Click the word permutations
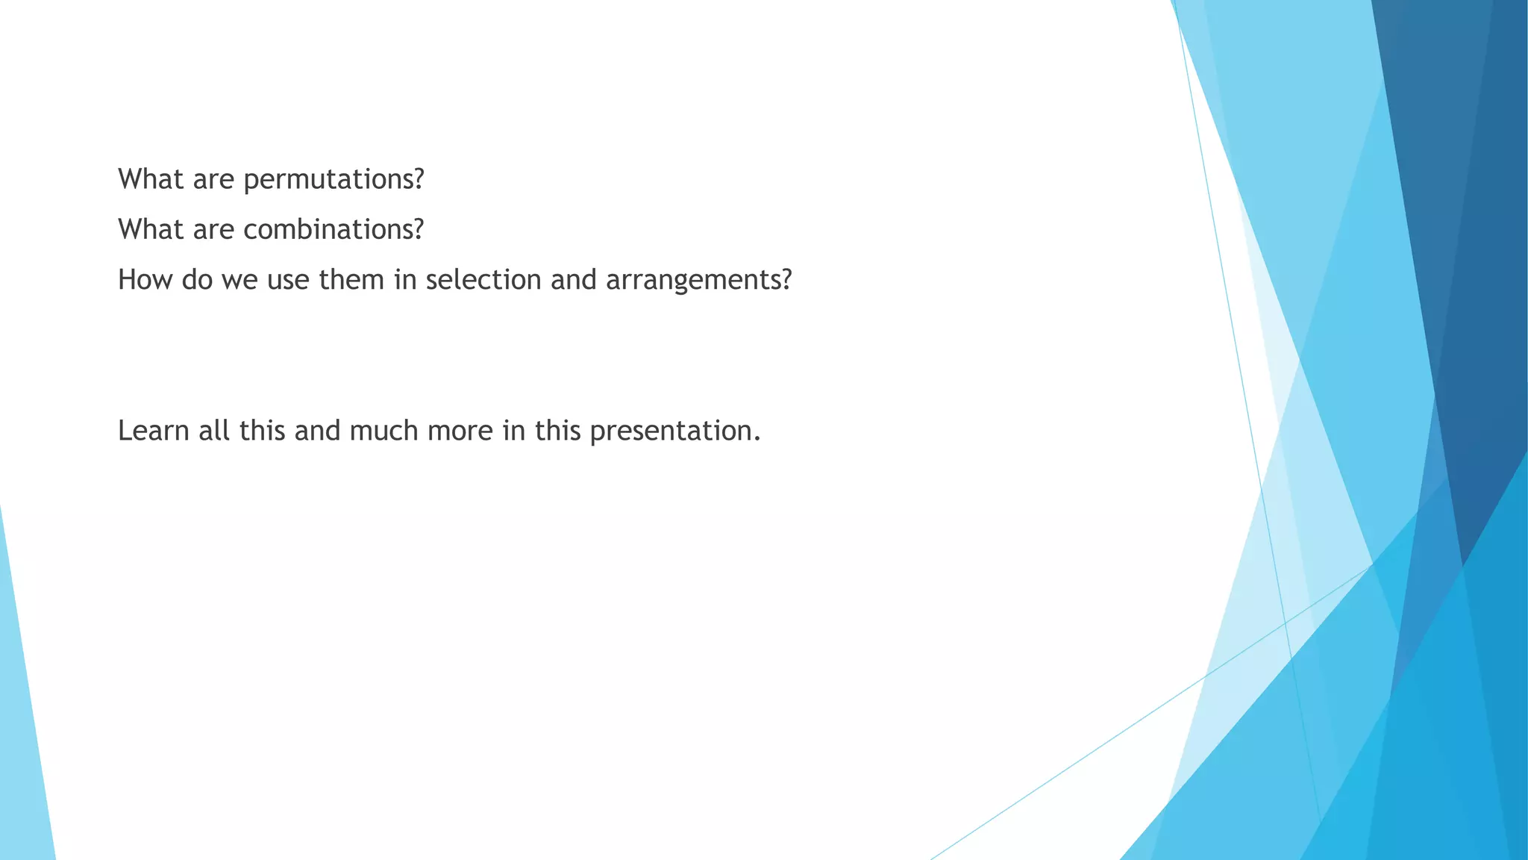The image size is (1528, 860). [334, 180]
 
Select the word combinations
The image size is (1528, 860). [334, 230]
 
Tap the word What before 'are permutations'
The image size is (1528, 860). [151, 180]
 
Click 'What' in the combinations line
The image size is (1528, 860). [151, 230]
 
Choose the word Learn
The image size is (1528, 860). [154, 431]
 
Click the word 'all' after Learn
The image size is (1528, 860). [214, 431]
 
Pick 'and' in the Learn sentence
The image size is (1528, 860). [317, 431]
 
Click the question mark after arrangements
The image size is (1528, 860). [785, 280]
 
